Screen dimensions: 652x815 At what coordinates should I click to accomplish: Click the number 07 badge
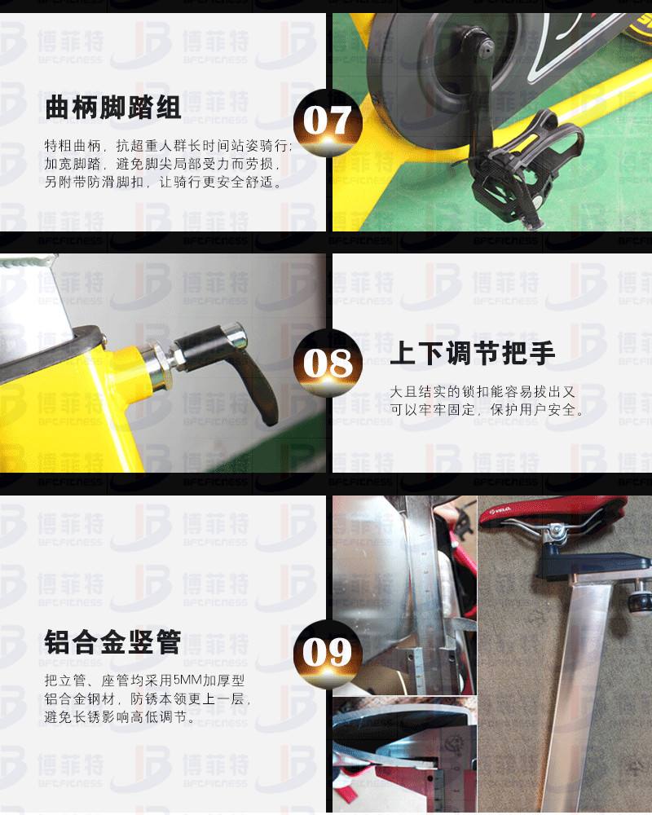point(328,123)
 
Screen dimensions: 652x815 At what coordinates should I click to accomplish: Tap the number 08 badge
point(328,363)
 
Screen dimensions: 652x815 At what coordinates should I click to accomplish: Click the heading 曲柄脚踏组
point(112,108)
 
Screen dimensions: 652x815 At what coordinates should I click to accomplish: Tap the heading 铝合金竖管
point(112,641)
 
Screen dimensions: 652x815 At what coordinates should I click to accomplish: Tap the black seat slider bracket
point(593,565)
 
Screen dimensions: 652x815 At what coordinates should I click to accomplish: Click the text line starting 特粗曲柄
point(168,146)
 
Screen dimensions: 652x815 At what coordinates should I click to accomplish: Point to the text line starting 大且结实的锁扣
point(482,391)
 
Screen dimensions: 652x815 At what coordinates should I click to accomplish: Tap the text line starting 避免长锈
point(120,717)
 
